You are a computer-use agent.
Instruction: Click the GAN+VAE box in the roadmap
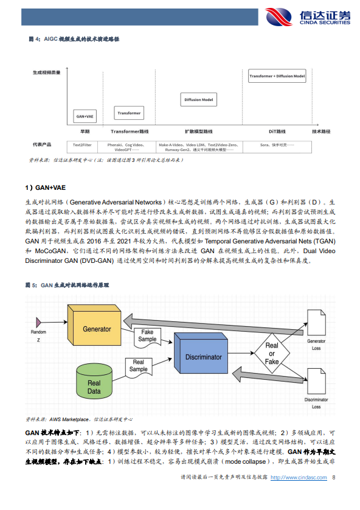(85, 116)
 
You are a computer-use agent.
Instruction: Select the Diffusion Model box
(199, 99)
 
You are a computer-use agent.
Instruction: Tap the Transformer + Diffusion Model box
(277, 77)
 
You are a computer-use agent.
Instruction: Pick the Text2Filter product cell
(82, 145)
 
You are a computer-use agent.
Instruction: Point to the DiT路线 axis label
(277, 131)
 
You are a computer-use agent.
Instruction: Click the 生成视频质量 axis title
(47, 72)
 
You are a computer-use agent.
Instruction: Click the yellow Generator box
(97, 329)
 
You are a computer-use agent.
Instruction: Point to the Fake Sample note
(147, 335)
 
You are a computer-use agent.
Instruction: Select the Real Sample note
(139, 366)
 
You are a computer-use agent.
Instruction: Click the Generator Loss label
(316, 344)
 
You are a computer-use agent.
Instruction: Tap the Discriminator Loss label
(316, 402)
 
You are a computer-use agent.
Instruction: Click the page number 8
(333, 495)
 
